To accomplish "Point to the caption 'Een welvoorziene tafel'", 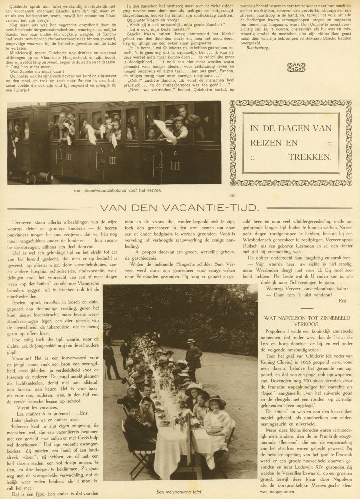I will pyautogui.click(x=180, y=492).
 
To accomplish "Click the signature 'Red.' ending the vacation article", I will pyautogui.click(x=343, y=300).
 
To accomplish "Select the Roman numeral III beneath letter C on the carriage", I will pyautogui.click(x=175, y=165).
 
